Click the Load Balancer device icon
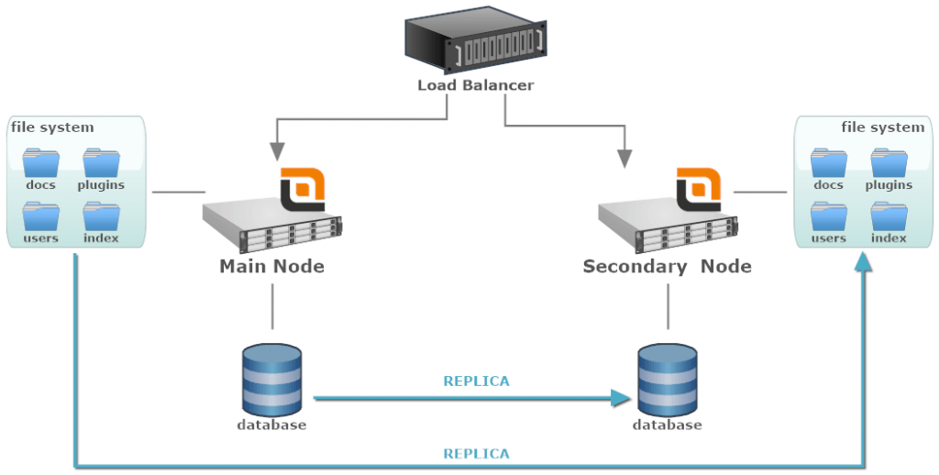(475, 40)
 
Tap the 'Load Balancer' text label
(475, 85)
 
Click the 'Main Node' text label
(271, 267)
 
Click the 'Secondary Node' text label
(667, 267)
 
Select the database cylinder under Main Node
(271, 378)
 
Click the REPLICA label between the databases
(476, 381)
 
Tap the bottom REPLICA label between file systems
(476, 453)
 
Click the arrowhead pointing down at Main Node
(271, 154)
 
